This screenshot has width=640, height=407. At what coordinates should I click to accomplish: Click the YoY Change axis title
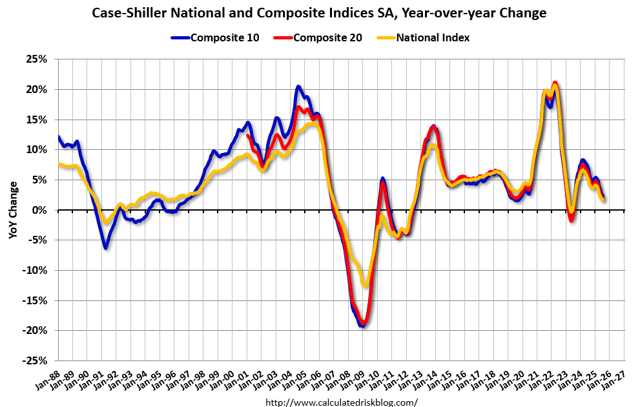pos(13,210)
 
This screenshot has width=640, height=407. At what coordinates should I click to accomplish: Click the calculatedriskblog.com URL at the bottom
pos(342,402)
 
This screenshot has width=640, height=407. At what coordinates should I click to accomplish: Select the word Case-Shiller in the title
pos(127,13)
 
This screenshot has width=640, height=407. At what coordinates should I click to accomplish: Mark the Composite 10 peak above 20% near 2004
pos(298,86)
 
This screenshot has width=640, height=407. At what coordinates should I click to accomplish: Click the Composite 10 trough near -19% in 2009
pos(363,326)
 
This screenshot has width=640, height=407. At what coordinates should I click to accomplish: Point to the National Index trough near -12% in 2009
pos(366,285)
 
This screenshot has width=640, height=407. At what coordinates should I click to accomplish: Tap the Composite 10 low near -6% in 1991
pos(105,247)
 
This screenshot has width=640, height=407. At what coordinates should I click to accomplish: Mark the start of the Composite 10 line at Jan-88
pos(58,137)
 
